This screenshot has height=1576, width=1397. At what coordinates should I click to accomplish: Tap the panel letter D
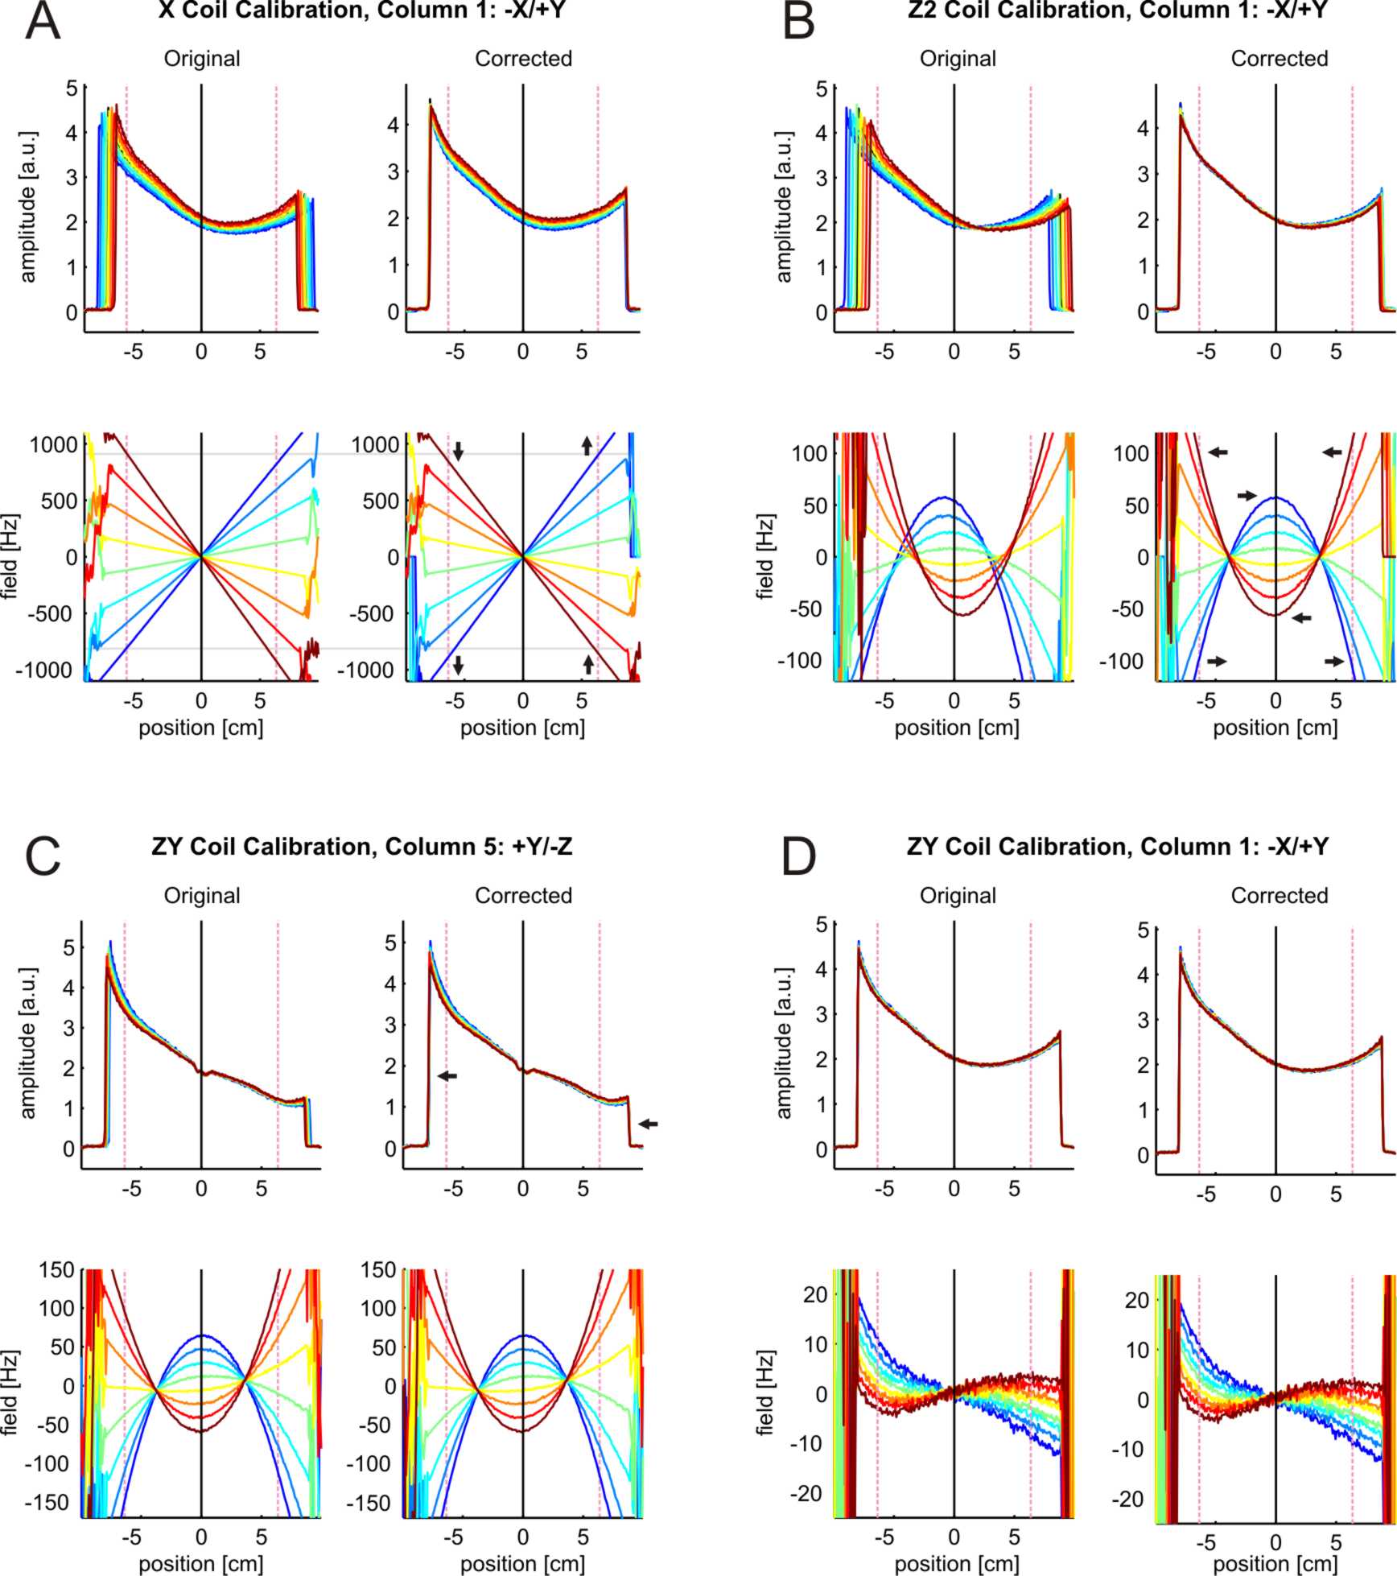799,858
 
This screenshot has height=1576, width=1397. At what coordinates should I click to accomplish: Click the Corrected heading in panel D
1279,895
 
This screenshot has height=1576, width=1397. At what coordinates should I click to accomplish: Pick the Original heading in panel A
202,59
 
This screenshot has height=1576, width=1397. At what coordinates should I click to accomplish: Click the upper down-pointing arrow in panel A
458,451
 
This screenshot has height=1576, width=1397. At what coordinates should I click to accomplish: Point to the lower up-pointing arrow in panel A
588,664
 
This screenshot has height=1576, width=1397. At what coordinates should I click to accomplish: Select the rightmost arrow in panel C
648,1124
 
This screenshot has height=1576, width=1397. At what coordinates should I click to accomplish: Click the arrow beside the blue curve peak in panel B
1247,495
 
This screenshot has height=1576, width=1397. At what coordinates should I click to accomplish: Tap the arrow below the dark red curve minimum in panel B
1301,618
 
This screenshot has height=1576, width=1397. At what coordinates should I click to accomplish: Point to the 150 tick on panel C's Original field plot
57,1271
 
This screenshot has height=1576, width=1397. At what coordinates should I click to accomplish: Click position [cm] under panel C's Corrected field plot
522,1564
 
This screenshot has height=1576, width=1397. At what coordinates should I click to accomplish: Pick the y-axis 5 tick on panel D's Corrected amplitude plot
1142,930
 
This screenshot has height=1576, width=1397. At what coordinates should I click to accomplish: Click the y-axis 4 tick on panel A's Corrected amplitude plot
393,125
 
